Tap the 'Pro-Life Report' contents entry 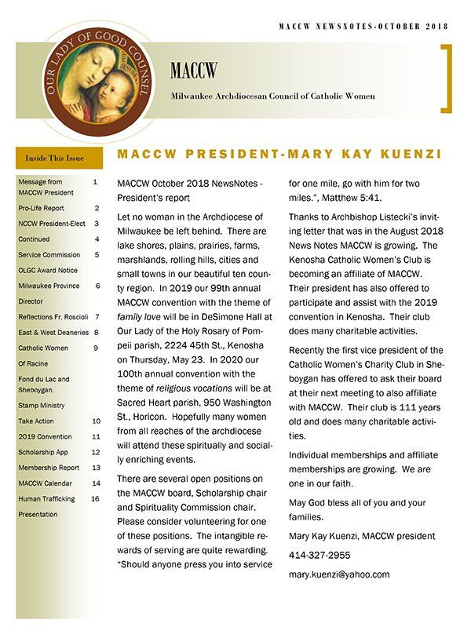tap(42, 208)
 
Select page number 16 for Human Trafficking tap(95, 498)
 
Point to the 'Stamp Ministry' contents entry tap(42, 406)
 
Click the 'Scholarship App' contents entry tap(45, 452)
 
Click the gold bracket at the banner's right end tap(447, 78)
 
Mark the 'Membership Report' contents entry tap(49, 468)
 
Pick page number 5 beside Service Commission tap(97, 254)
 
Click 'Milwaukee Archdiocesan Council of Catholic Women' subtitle tap(272, 96)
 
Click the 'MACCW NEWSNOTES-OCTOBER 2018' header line tap(363, 26)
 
